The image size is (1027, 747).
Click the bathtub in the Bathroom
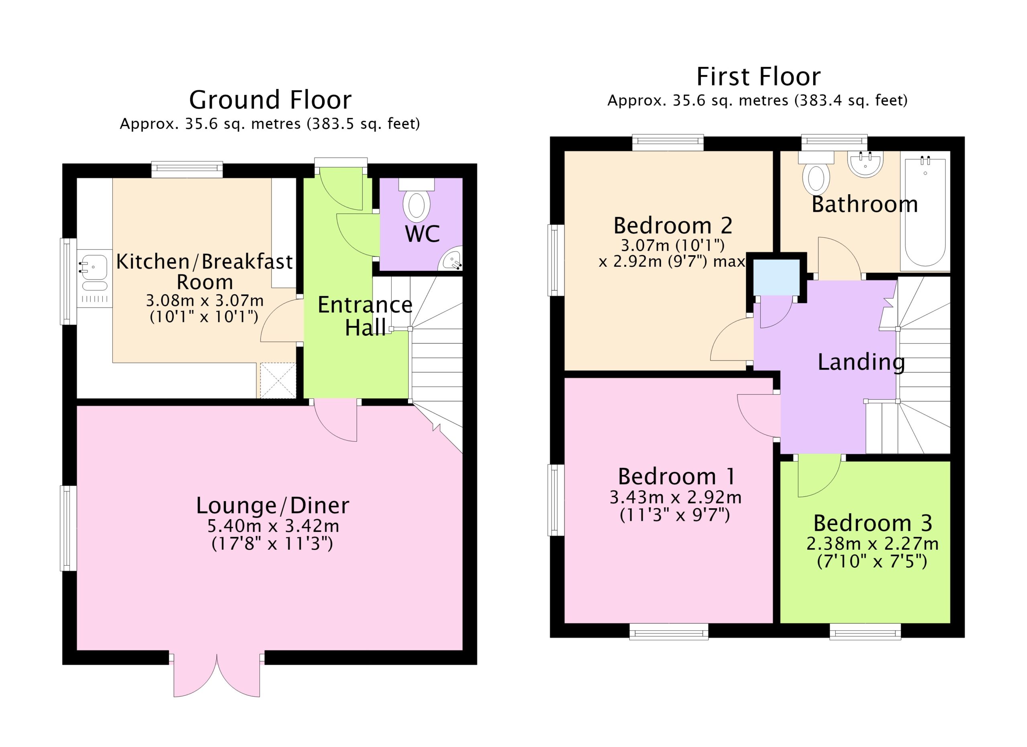coord(925,213)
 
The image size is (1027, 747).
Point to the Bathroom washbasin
coord(865,164)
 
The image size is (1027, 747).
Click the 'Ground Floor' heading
coord(270,100)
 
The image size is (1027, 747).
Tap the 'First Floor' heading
coord(758,77)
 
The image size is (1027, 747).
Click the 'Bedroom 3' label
coord(873,524)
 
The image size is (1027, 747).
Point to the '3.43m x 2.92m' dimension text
coord(675,497)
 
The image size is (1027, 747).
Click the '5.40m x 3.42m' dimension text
coord(273,526)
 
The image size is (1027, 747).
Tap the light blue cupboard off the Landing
coord(776,277)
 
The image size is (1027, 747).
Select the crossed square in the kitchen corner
coord(277,381)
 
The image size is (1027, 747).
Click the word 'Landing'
coord(861,362)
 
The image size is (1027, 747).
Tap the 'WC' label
coord(422,234)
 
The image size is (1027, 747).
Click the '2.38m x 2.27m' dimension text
coord(872,543)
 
